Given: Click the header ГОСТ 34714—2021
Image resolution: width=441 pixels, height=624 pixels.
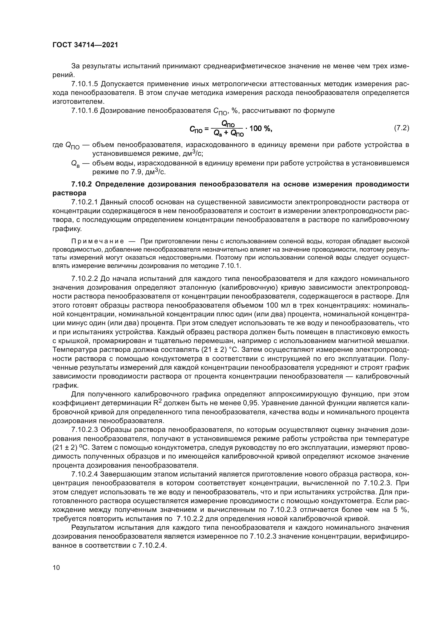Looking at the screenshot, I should pos(85,45).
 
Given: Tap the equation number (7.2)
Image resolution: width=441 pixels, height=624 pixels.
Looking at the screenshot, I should pos(401,128).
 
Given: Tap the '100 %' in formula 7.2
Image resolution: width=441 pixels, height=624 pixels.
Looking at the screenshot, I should pos(260,128).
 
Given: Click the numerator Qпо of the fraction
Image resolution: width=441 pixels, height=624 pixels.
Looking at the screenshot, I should pos(228,124).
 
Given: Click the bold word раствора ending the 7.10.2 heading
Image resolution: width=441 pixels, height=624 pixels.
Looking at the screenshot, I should pos(69,193).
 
